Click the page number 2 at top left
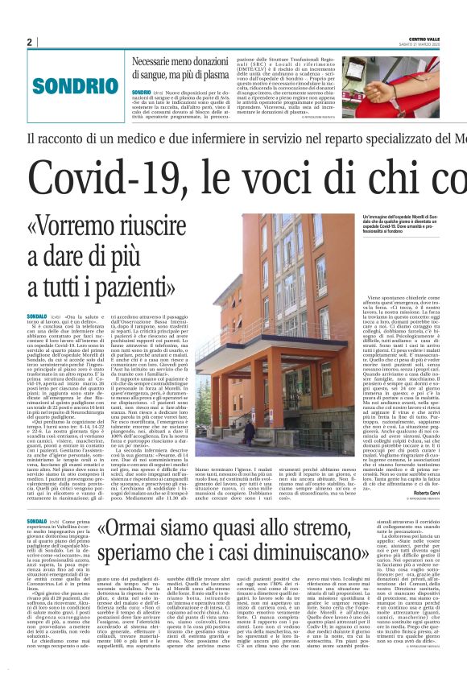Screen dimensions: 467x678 pyautogui.click(x=30, y=42)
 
